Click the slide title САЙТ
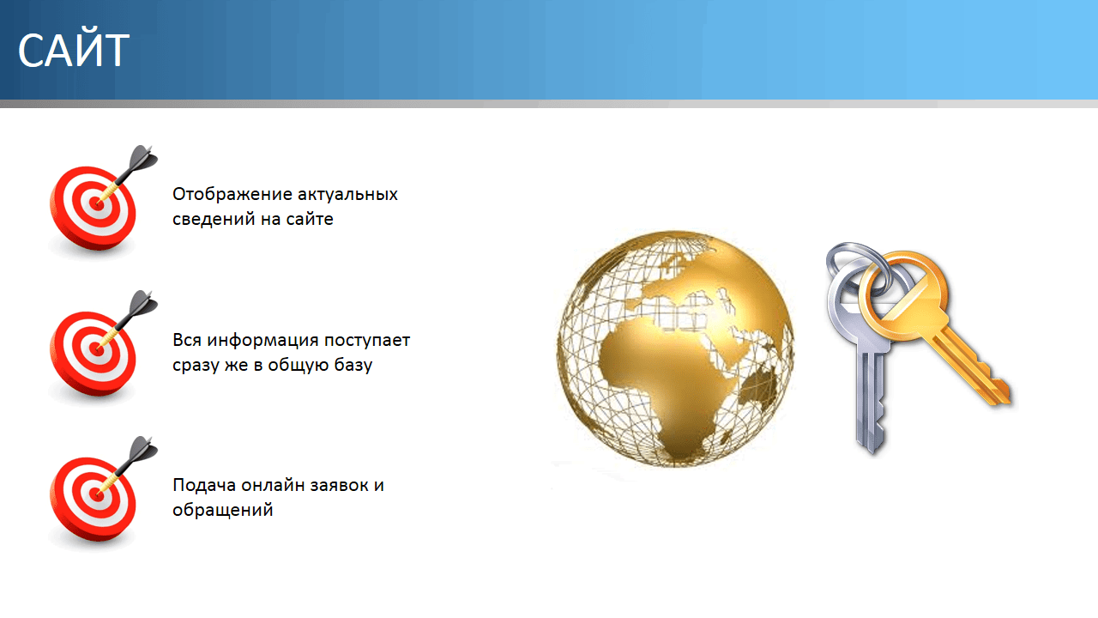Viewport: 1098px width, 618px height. (x=74, y=50)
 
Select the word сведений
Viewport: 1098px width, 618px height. (x=214, y=219)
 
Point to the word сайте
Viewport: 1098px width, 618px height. (x=310, y=219)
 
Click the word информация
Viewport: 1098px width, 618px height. (x=262, y=341)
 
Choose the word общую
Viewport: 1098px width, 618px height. (x=299, y=366)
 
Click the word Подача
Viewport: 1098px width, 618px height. (x=204, y=486)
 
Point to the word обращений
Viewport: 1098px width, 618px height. (x=222, y=510)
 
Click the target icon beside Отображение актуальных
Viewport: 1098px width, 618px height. (x=98, y=203)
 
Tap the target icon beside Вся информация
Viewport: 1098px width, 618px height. (x=98, y=349)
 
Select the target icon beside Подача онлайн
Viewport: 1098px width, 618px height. (x=98, y=494)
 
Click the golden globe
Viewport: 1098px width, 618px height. (x=675, y=348)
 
